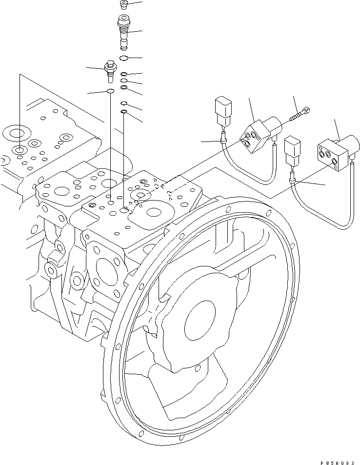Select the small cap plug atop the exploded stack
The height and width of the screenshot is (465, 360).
coord(123,5)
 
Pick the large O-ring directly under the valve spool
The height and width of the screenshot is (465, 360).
coord(124,59)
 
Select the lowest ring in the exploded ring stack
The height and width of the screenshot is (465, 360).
coord(124,112)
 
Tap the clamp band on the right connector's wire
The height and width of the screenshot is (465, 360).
coord(292,181)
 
